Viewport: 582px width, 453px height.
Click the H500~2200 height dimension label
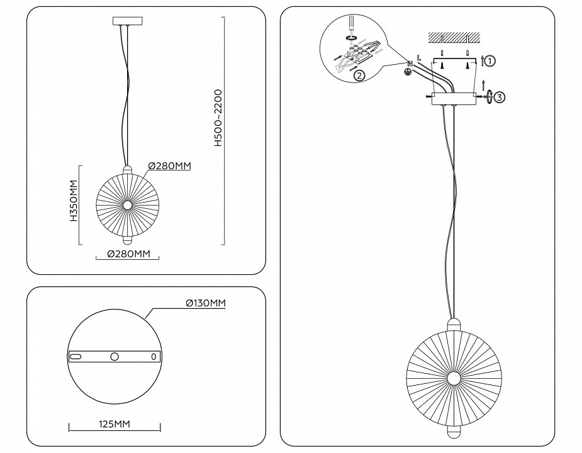[218, 118]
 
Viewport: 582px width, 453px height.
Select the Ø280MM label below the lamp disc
[128, 254]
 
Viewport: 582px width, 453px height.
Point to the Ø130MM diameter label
[205, 303]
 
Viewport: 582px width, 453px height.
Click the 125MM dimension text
[114, 424]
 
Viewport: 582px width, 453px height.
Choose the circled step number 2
[359, 76]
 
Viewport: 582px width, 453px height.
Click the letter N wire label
[410, 63]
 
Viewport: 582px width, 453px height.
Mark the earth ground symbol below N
[407, 71]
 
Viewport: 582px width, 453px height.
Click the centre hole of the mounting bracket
[115, 357]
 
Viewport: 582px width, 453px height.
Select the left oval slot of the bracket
[76, 357]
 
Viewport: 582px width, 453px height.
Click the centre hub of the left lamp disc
[127, 204]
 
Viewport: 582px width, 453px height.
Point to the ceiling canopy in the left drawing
[127, 22]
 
